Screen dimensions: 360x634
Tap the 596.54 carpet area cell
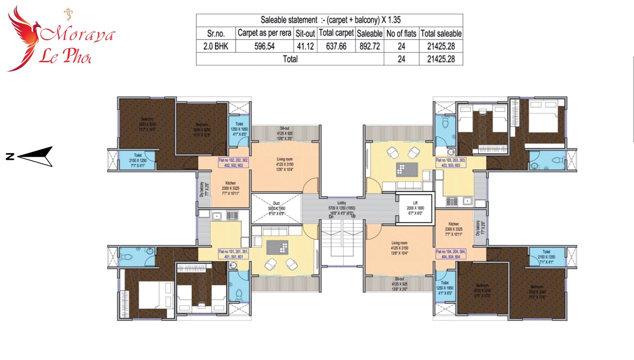tap(264, 46)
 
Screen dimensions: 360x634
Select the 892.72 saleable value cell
tap(370, 46)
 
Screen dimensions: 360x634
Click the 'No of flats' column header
tap(401, 33)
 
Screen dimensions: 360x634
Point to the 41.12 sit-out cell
tap(305, 46)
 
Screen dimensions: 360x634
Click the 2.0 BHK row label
tap(216, 46)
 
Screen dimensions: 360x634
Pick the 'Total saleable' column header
tap(441, 33)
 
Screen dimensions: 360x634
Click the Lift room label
tap(415, 208)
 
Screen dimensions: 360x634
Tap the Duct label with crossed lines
tap(276, 208)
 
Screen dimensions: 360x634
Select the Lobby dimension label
tap(341, 208)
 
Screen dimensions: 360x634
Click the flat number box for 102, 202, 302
tap(234, 163)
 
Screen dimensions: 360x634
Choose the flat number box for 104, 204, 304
tap(450, 254)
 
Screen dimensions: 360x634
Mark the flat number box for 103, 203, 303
tap(450, 163)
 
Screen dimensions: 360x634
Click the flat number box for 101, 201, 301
tap(234, 254)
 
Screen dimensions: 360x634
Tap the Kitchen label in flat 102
tap(230, 188)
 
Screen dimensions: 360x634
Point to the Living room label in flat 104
tap(399, 248)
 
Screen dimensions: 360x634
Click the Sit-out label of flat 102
tap(285, 133)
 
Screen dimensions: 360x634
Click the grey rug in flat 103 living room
tap(407, 169)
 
